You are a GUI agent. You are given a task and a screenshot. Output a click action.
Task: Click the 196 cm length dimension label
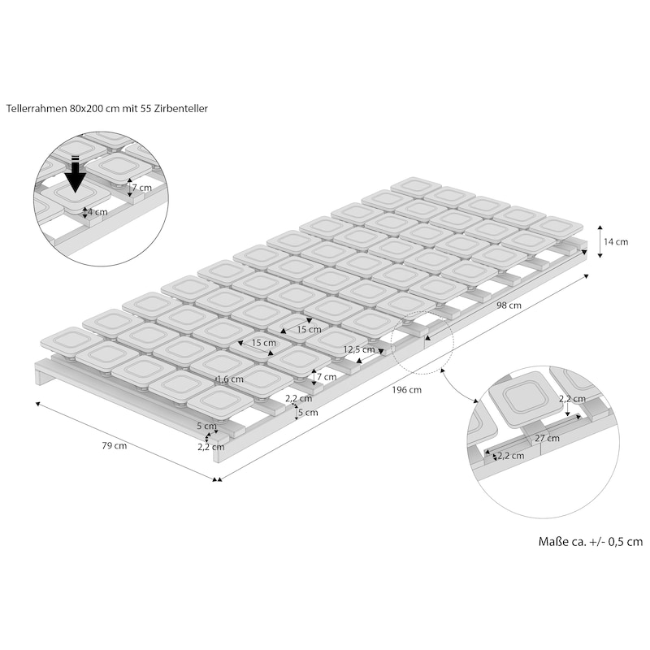point(407,390)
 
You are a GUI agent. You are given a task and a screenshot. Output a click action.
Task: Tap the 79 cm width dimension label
point(115,445)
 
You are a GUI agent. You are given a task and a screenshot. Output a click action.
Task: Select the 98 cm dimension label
point(509,305)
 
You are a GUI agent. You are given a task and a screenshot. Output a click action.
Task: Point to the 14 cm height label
point(616,241)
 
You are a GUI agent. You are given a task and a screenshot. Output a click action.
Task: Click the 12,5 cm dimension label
point(359,349)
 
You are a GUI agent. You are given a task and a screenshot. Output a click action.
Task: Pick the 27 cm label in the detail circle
point(547,438)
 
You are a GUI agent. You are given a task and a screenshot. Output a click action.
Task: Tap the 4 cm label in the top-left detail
point(97,212)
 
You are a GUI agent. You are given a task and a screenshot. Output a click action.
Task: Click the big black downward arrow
point(75,175)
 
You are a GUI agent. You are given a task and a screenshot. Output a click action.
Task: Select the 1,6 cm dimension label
point(230,379)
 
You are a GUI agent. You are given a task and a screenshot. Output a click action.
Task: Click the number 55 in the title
point(147,109)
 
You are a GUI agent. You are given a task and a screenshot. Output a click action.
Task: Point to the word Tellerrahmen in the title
point(37,109)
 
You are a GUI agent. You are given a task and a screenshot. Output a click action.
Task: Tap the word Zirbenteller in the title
point(180,109)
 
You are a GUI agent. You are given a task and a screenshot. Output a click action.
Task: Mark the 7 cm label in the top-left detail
point(142,188)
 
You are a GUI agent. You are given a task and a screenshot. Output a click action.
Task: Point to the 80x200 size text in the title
point(84,109)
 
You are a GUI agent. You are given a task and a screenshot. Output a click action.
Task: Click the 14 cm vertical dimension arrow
point(600,241)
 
